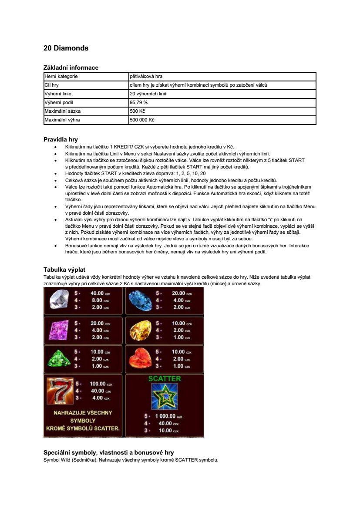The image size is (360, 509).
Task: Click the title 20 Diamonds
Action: [66, 48]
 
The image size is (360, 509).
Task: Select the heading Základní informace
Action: [71, 67]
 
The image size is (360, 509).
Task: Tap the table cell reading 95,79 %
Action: [139, 102]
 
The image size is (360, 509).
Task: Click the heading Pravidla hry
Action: [61, 140]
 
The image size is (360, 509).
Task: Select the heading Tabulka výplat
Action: [67, 270]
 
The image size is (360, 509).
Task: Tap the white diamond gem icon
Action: [60, 300]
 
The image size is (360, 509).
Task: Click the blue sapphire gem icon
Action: [141, 300]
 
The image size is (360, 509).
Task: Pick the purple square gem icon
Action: [60, 330]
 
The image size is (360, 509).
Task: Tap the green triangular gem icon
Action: [60, 359]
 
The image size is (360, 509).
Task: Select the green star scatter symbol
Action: [164, 397]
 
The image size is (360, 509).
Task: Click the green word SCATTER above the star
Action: [164, 379]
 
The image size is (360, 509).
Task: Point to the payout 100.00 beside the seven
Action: [98, 384]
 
